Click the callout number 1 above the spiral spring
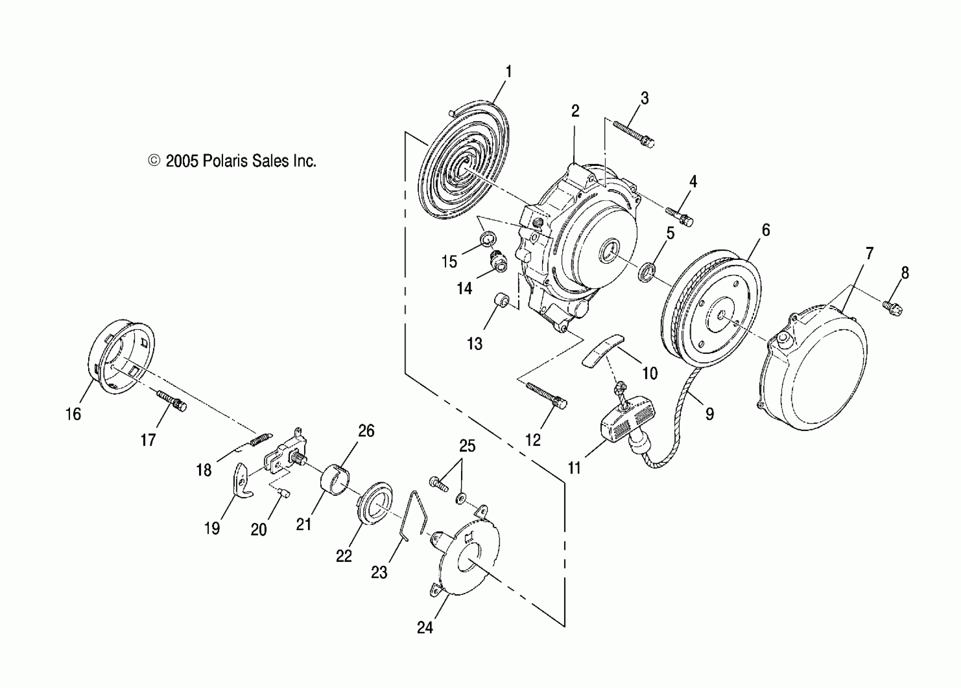pyautogui.click(x=508, y=72)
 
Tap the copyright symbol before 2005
pyautogui.click(x=154, y=161)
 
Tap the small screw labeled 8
pyautogui.click(x=892, y=308)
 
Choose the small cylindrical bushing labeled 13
pyautogui.click(x=502, y=302)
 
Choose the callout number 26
pyautogui.click(x=366, y=431)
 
